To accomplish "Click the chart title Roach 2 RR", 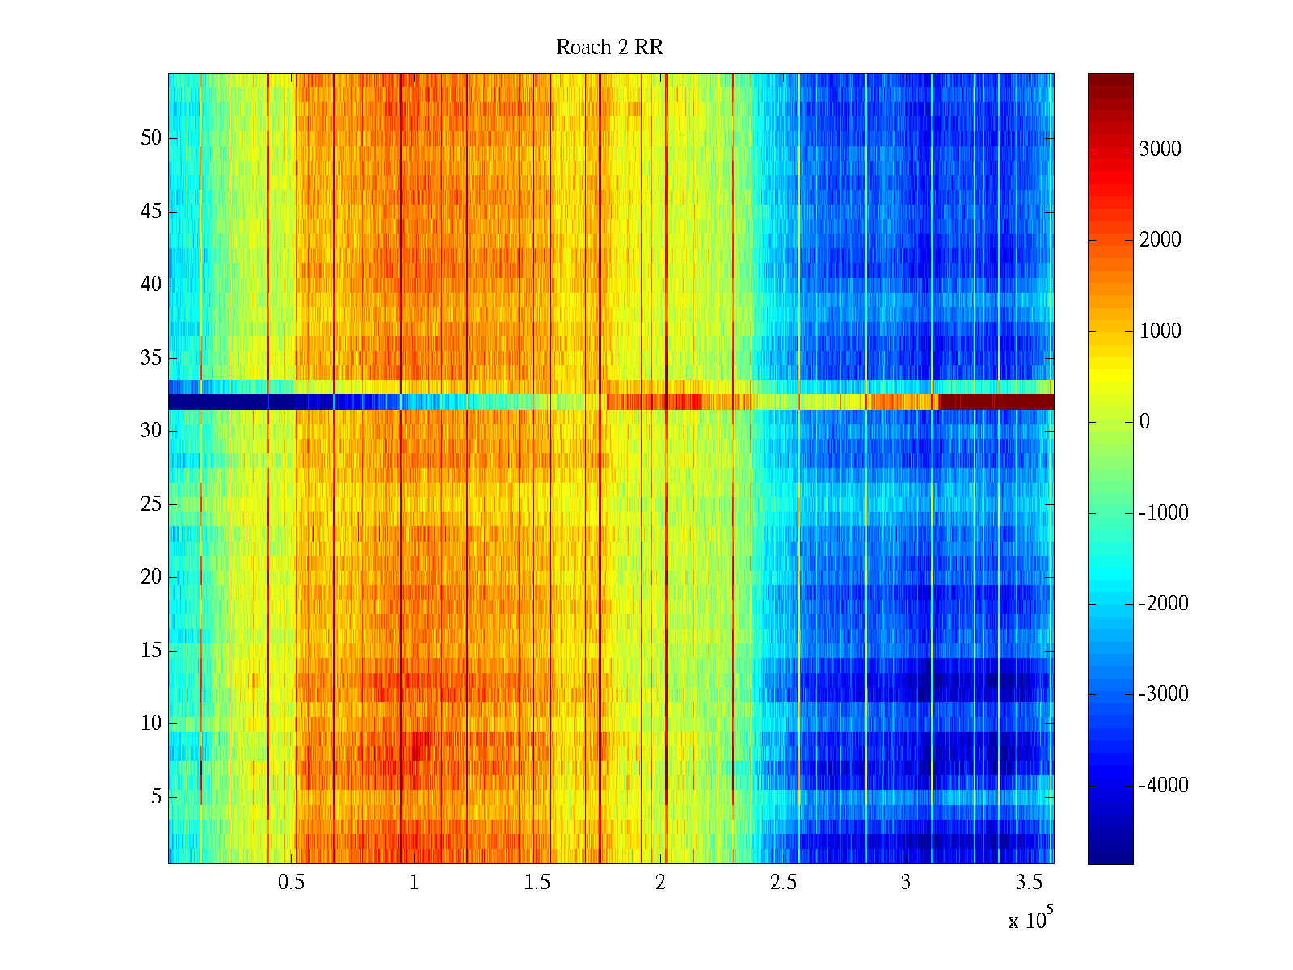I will (x=609, y=48).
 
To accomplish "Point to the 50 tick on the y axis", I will (x=151, y=138).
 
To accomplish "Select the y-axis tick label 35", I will (x=151, y=358).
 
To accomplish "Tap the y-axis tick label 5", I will (x=156, y=797).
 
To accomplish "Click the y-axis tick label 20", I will (x=151, y=577).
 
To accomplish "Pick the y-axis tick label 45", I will (x=151, y=212).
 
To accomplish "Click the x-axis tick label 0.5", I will (x=291, y=883).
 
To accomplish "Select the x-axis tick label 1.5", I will (x=537, y=883).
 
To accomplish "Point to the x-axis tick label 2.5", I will (x=782, y=883).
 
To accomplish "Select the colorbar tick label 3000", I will (x=1160, y=149).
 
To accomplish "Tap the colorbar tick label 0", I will (x=1144, y=422).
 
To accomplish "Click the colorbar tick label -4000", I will (x=1164, y=786).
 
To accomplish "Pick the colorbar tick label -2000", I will (x=1164, y=604).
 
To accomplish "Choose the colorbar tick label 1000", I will (x=1160, y=331).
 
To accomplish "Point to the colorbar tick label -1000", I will (x=1164, y=512).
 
